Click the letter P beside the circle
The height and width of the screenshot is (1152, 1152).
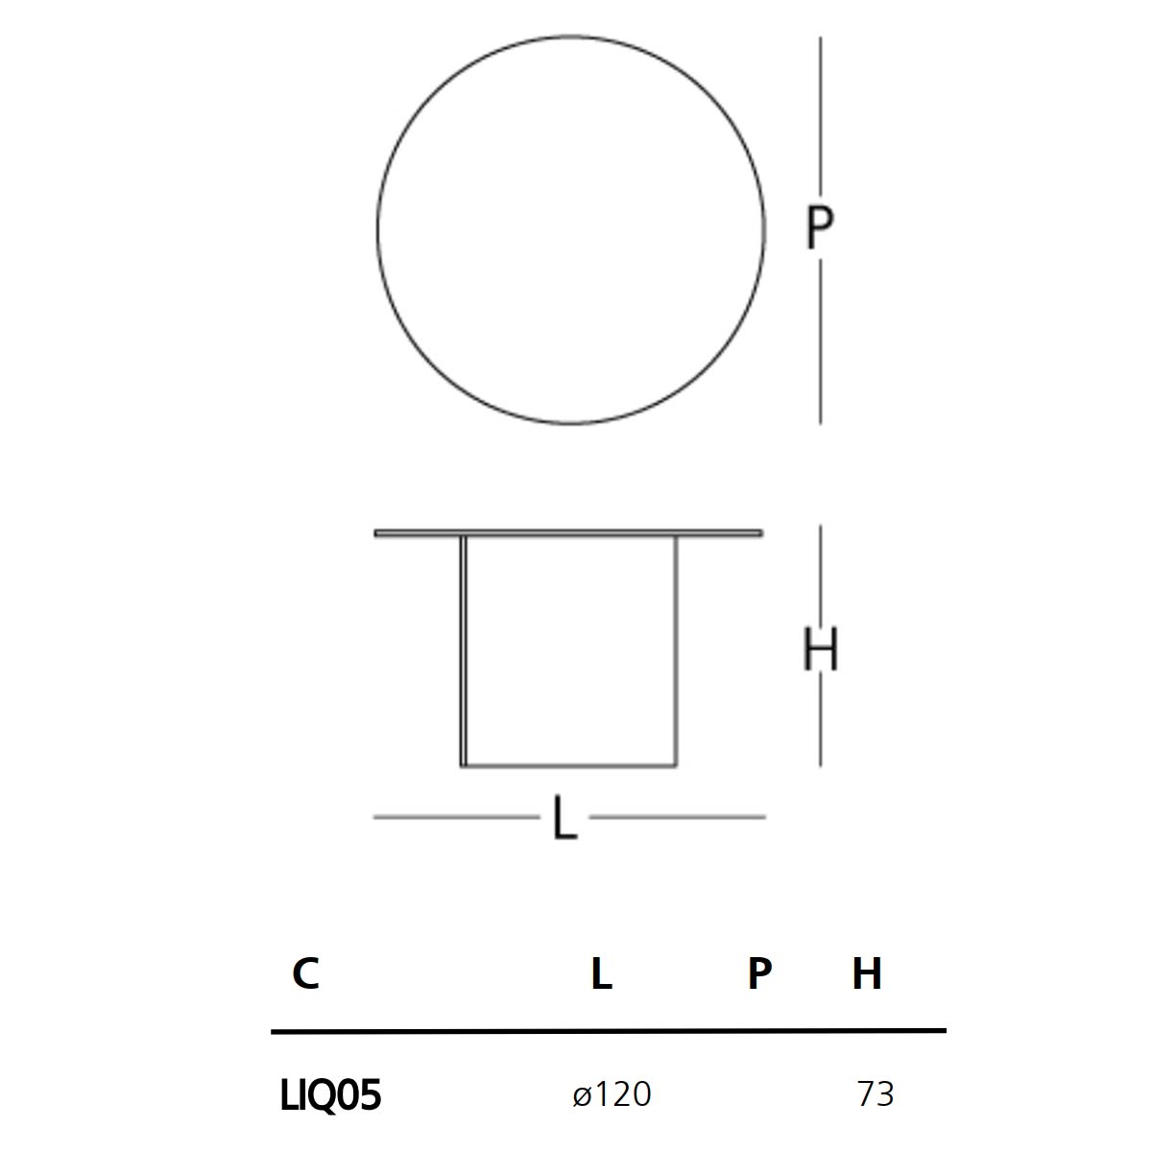point(819,228)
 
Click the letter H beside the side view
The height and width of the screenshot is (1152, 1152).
point(820,649)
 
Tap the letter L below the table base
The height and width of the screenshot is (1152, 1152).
point(564,817)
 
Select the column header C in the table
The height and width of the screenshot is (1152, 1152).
point(305,973)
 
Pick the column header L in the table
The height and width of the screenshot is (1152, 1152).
point(601,973)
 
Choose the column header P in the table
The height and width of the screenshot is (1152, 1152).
point(759,973)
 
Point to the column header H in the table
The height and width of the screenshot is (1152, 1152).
point(867,973)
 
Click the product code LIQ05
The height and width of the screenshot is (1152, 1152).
point(330,1095)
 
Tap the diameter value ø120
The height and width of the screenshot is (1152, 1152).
point(612,1094)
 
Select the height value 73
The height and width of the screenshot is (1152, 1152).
point(876,1094)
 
